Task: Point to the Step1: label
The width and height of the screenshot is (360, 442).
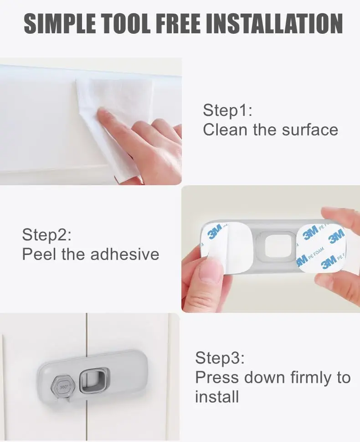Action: coord(227,111)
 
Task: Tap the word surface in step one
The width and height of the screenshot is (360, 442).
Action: coord(310,130)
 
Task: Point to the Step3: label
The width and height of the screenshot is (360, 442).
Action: coord(220,358)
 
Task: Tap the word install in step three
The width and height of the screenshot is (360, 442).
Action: coord(217,397)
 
